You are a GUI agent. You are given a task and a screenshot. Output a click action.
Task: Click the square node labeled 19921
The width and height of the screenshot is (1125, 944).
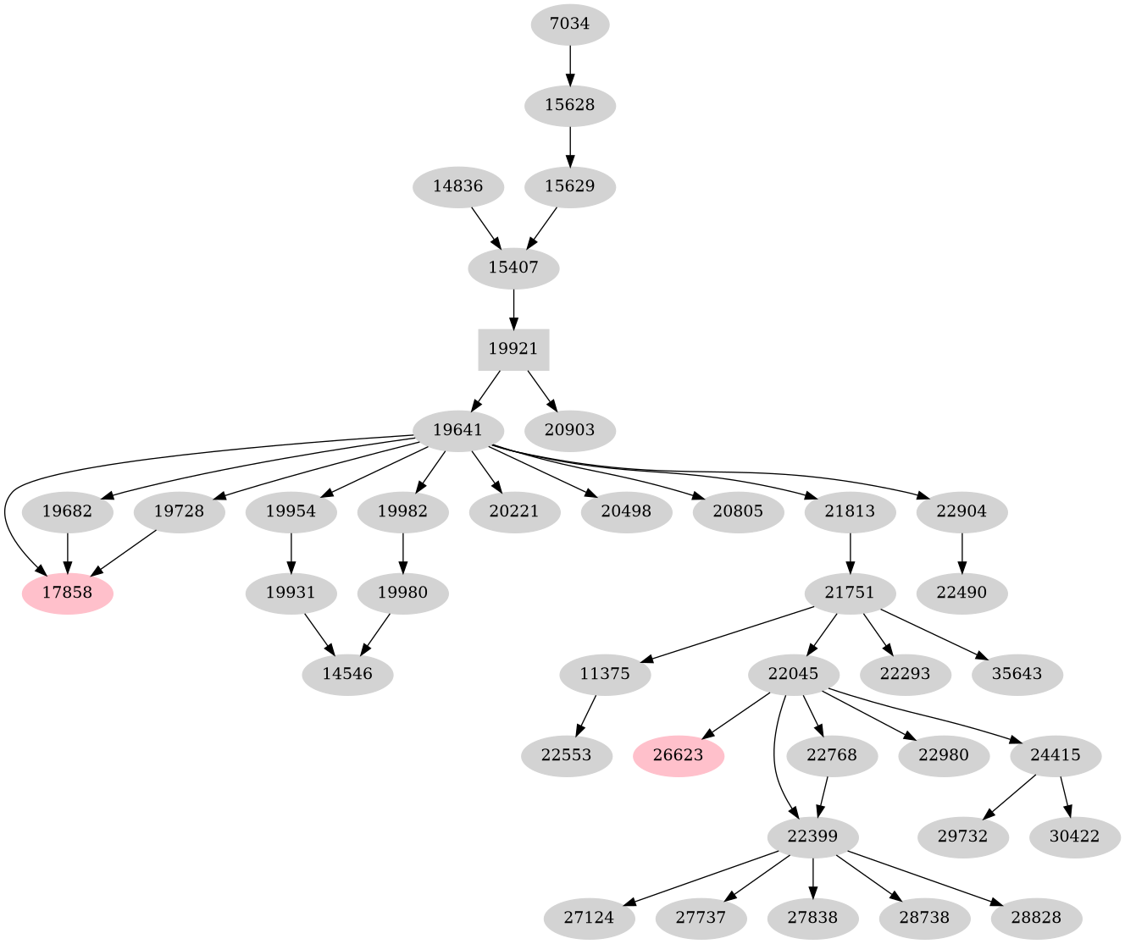(x=513, y=349)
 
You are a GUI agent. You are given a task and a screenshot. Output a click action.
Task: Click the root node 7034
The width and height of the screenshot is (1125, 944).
(x=569, y=24)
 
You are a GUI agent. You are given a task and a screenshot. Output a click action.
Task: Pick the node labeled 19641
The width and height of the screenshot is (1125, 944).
(x=457, y=430)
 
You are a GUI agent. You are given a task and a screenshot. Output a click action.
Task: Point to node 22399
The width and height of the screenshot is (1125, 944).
(x=812, y=836)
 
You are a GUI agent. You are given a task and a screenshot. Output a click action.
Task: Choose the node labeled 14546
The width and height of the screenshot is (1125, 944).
(x=347, y=675)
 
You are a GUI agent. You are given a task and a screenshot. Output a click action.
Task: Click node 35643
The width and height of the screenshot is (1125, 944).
(x=1017, y=675)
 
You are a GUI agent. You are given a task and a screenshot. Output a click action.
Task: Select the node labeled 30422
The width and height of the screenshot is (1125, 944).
(x=1075, y=836)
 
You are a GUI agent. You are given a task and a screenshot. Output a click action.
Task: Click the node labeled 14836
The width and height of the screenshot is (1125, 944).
(x=457, y=186)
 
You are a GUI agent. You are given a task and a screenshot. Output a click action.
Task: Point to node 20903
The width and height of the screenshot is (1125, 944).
(x=569, y=430)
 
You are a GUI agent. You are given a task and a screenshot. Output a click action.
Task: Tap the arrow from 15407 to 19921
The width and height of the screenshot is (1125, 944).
(x=513, y=308)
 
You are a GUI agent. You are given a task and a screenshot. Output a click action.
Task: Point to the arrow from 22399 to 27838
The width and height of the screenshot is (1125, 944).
(x=812, y=877)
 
